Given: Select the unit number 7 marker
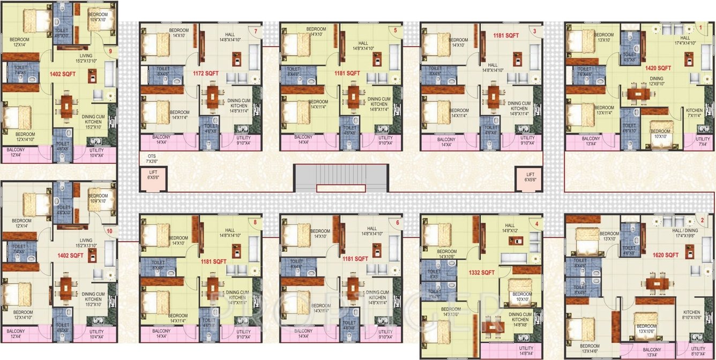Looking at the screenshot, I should [x=256, y=32].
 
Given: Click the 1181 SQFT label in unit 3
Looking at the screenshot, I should [x=506, y=35].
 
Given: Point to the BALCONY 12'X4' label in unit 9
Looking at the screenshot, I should [x=16, y=153].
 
